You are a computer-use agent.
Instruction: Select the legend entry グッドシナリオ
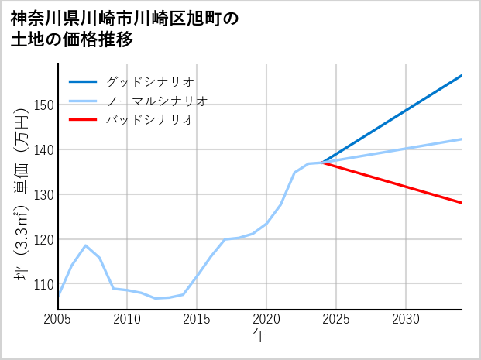click(x=149, y=81)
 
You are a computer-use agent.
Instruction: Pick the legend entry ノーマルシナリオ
click(x=156, y=101)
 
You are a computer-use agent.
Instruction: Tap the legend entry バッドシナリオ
click(x=149, y=120)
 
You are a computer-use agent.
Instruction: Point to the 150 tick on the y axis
click(x=43, y=105)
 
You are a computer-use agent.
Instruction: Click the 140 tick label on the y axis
click(x=43, y=150)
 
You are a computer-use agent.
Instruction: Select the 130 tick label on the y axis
click(x=43, y=195)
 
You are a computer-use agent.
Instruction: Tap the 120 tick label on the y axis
click(x=43, y=240)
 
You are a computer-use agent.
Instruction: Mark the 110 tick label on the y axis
click(x=43, y=285)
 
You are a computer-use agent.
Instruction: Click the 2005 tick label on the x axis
click(x=58, y=319)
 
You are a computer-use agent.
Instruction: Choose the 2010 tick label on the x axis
click(x=128, y=319)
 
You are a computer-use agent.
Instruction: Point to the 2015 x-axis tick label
click(x=198, y=319)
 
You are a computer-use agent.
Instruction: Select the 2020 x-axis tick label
click(x=266, y=319)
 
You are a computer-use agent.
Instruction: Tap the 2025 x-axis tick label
click(x=336, y=319)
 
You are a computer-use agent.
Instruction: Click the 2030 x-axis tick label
click(x=406, y=319)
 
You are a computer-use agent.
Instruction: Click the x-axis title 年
click(x=259, y=336)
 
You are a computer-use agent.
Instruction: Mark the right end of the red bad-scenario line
click(x=461, y=203)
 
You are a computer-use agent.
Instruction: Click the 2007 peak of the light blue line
click(x=86, y=245)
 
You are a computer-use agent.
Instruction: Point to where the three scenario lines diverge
click(x=322, y=163)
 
